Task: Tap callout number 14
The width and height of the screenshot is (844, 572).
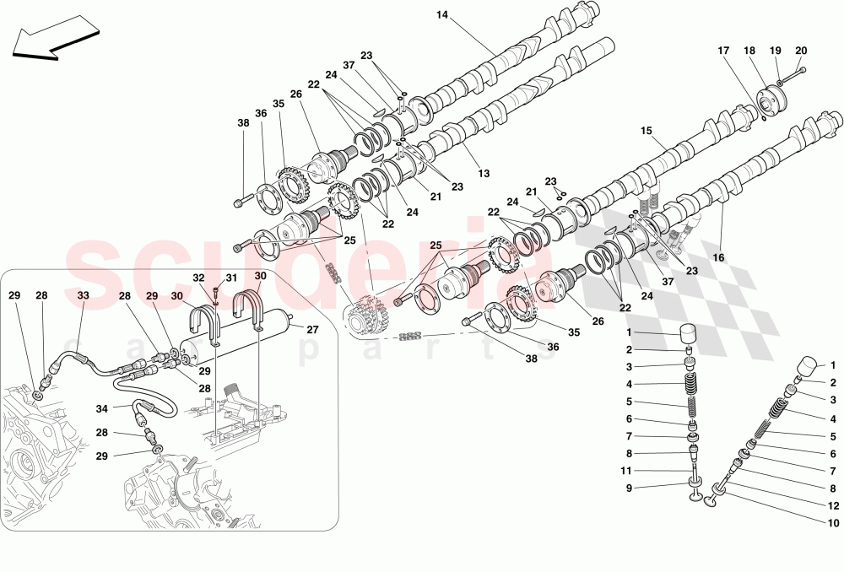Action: pos(443,14)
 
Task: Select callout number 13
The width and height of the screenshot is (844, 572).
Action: pos(484,173)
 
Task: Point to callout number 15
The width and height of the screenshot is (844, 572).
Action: pos(647,131)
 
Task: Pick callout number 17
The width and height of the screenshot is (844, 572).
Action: pos(724,51)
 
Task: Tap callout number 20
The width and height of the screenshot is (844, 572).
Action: pos(801,51)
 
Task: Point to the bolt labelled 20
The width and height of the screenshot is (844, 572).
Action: pos(791,76)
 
